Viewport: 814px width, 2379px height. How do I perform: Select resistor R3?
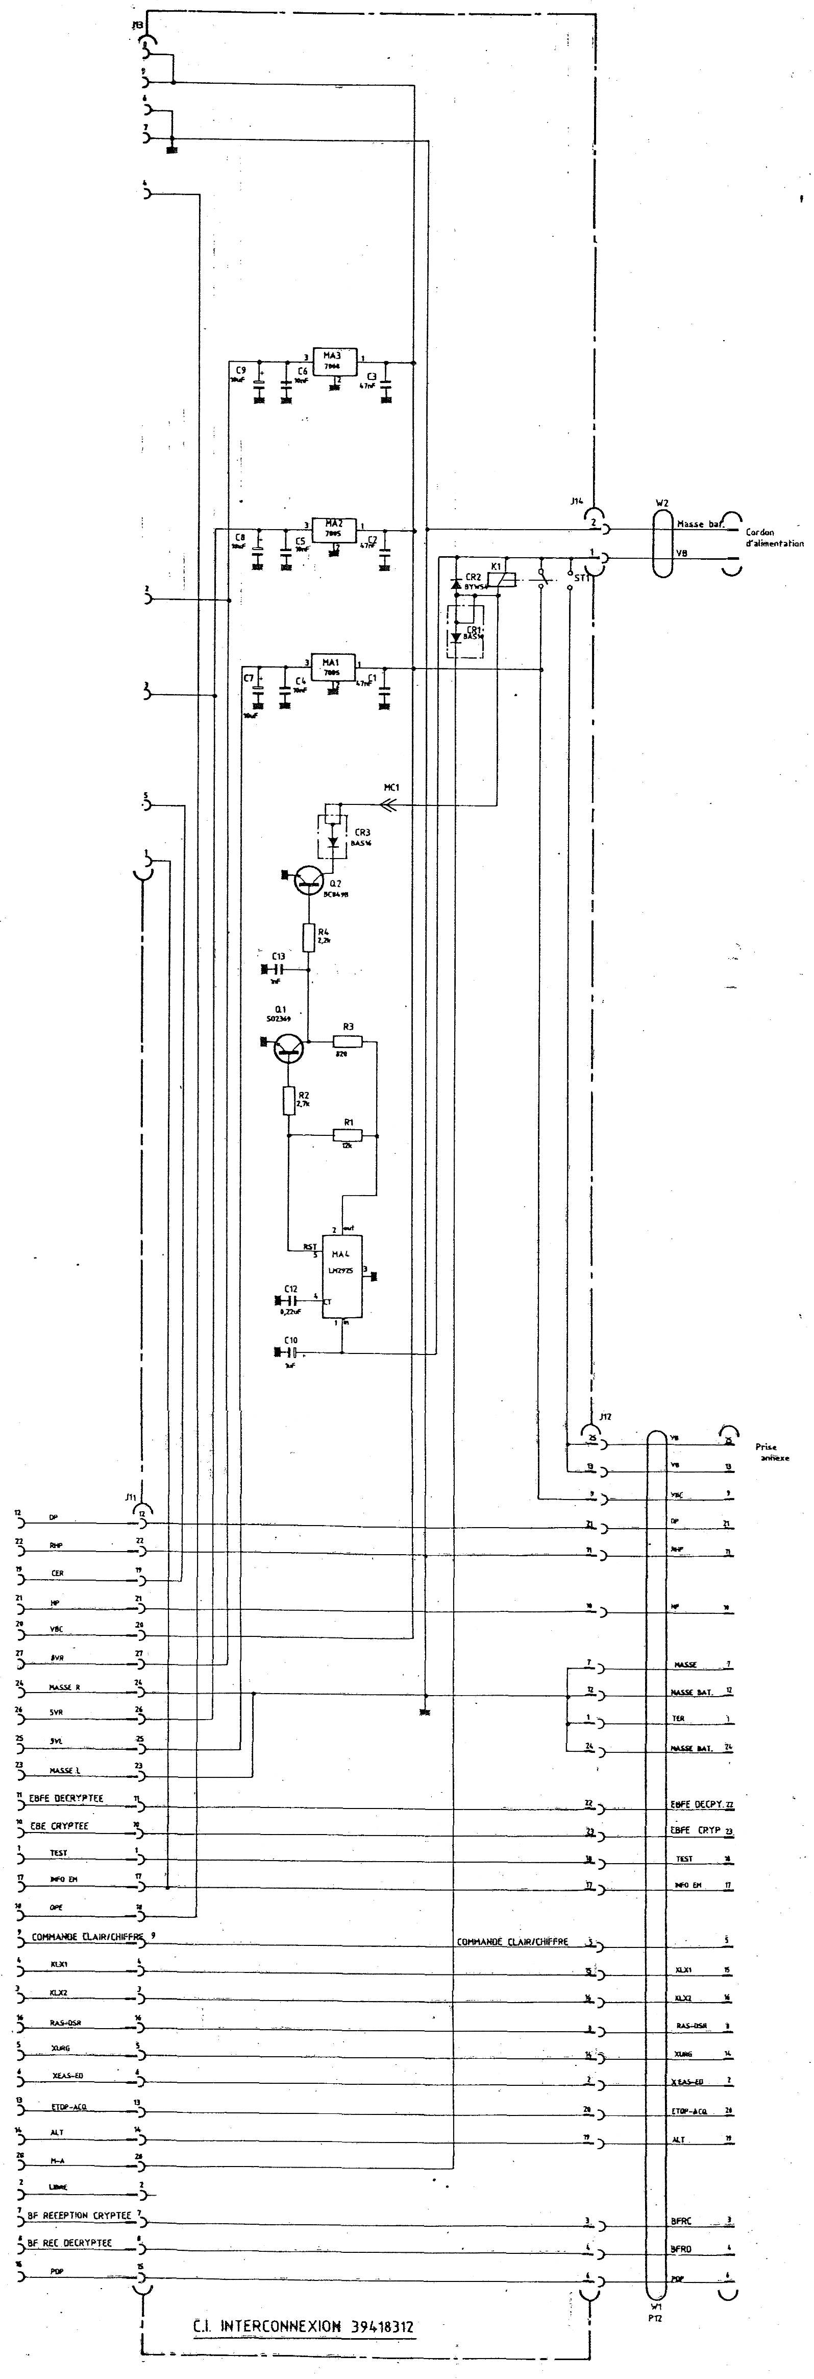[349, 1042]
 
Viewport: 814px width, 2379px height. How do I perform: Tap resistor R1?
[349, 1135]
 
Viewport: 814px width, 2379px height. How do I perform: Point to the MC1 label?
[391, 788]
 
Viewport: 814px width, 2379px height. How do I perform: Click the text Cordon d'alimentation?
[773, 537]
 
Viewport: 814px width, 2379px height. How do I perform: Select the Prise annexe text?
[773, 1453]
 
